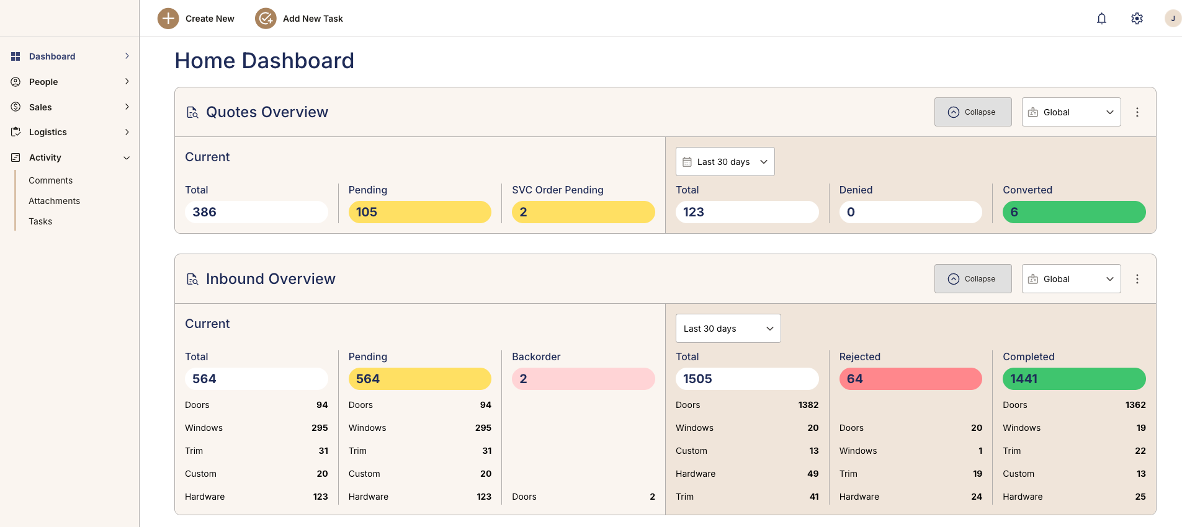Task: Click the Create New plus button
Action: coord(168,19)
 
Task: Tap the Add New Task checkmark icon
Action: coord(266,19)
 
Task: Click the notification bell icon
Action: coord(1101,19)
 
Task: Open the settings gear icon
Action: coord(1137,19)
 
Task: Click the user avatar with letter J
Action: coord(1172,19)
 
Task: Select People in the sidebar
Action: coord(43,82)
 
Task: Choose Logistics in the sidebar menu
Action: coord(48,132)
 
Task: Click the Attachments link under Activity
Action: coord(55,201)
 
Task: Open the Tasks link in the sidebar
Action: coord(40,221)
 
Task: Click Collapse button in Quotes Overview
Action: coord(973,112)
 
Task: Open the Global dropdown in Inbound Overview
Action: coord(1071,279)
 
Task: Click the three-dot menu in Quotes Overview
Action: coord(1137,112)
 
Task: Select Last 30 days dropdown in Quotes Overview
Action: coord(725,162)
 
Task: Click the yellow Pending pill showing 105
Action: coord(419,212)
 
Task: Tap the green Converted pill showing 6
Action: coord(1074,212)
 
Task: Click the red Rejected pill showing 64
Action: coord(910,379)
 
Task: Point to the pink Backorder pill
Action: coord(583,379)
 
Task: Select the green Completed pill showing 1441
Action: coord(1074,379)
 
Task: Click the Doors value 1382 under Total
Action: coord(808,405)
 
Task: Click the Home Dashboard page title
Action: coord(264,61)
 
